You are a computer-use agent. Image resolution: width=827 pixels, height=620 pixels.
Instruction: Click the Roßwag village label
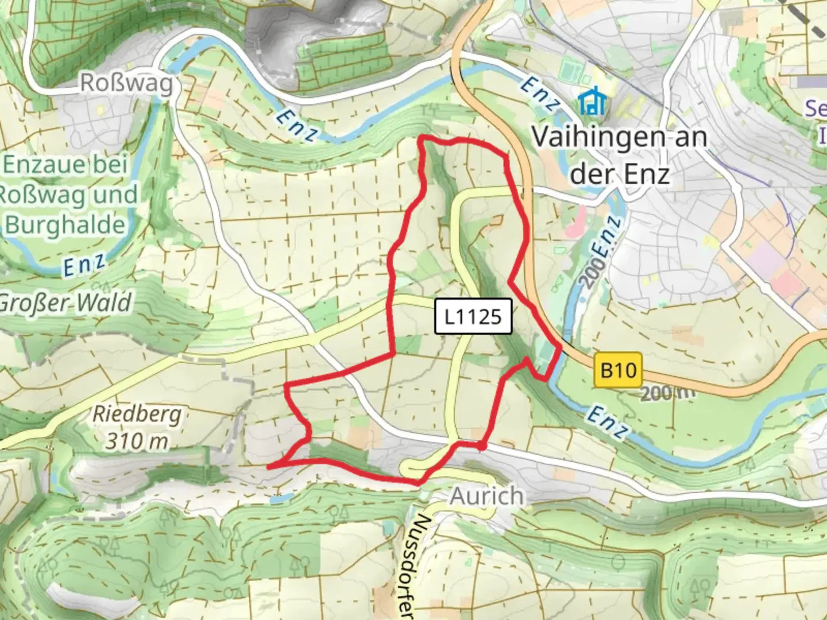point(126,84)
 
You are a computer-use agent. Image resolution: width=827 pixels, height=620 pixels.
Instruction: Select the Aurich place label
point(486,496)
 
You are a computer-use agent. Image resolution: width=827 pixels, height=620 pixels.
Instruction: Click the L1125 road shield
point(473,316)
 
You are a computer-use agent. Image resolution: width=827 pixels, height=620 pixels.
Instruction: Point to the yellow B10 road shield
point(618,370)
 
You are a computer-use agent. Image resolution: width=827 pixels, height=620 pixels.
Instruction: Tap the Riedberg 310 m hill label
point(137,427)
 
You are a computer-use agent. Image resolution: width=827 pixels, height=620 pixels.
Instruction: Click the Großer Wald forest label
point(65,303)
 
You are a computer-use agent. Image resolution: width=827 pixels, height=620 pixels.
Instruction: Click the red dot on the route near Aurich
point(482,445)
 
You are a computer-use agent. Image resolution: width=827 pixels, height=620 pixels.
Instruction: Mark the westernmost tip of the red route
point(269,468)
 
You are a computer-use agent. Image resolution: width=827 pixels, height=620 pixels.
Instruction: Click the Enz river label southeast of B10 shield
point(606,423)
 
